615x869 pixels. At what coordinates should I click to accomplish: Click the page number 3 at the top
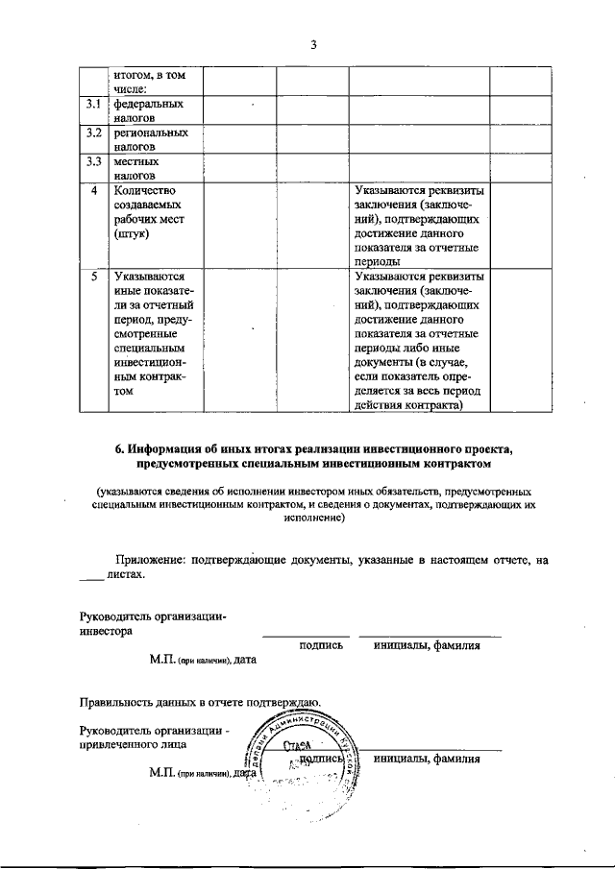pos(313,43)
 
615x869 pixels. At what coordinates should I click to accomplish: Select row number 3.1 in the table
pos(91,103)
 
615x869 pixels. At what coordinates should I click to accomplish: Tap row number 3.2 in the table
pos(91,133)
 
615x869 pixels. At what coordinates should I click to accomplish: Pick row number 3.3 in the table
pos(91,161)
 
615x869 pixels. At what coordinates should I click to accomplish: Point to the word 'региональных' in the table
pos(150,133)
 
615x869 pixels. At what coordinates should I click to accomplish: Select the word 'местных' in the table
pos(135,162)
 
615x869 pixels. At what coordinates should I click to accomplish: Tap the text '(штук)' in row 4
pos(131,233)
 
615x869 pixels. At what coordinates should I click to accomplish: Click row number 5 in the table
pos(92,277)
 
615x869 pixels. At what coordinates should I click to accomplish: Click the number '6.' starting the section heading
pos(120,449)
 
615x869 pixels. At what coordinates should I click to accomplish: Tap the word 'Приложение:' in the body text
pos(151,558)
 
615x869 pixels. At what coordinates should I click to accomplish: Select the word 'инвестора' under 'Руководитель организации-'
pos(106,632)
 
